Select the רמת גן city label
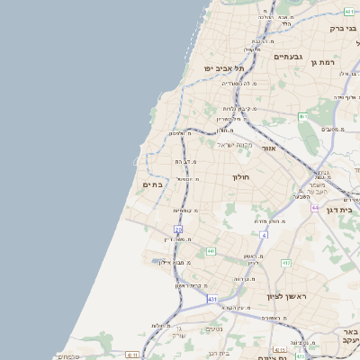click(x=346, y=61)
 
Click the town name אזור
click(x=268, y=148)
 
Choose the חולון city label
click(x=244, y=177)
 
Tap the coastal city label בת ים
click(x=153, y=184)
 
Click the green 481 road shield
click(x=348, y=11)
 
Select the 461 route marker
click(x=303, y=117)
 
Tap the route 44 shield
click(x=315, y=208)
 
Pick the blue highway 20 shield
click(x=178, y=229)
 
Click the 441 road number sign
click(x=211, y=251)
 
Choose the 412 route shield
click(x=286, y=263)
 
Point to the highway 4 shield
click(x=265, y=235)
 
